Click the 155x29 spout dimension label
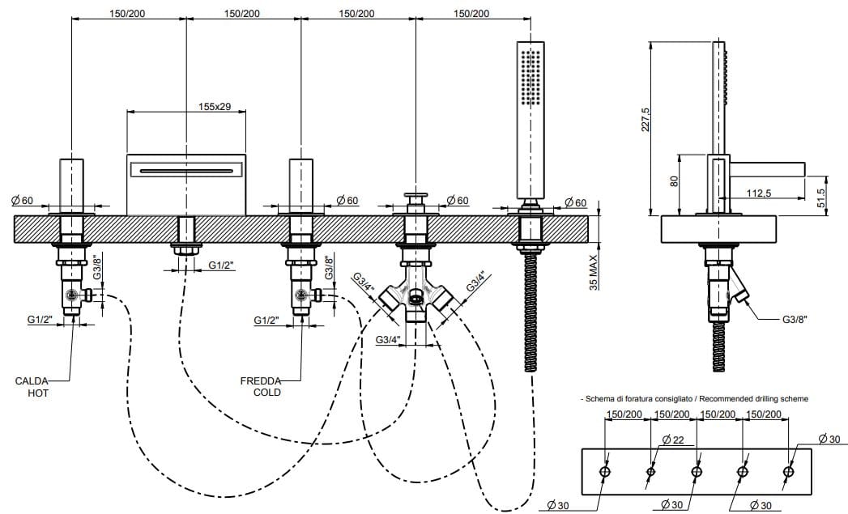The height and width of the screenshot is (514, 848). click(x=215, y=107)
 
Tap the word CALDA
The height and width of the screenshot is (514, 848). click(x=32, y=380)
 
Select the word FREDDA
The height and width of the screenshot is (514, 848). click(x=260, y=380)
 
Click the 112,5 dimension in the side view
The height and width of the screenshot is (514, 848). click(x=759, y=193)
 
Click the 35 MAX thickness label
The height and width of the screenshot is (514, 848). click(x=593, y=271)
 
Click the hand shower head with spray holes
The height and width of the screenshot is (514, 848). click(x=529, y=77)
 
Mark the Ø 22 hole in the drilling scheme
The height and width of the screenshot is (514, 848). click(x=651, y=472)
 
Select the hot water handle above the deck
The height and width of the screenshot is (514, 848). click(x=72, y=186)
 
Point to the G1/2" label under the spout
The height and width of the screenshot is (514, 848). click(x=222, y=265)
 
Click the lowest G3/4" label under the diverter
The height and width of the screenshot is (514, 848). click(x=390, y=340)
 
